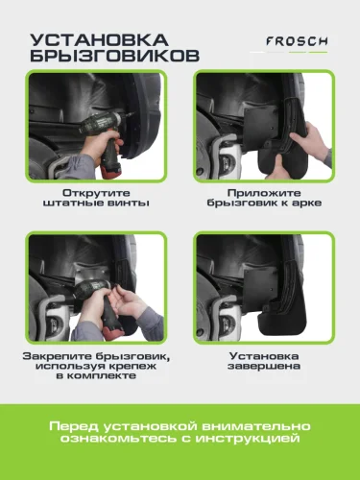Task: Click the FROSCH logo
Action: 297,41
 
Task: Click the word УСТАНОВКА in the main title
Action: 99,40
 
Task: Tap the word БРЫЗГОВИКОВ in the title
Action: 115,56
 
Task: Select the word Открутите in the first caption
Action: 96,193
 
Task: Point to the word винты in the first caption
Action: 129,203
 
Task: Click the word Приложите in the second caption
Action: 264,193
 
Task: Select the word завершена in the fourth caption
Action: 264,366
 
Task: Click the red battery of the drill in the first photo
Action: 111,169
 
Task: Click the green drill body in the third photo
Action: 91,289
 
